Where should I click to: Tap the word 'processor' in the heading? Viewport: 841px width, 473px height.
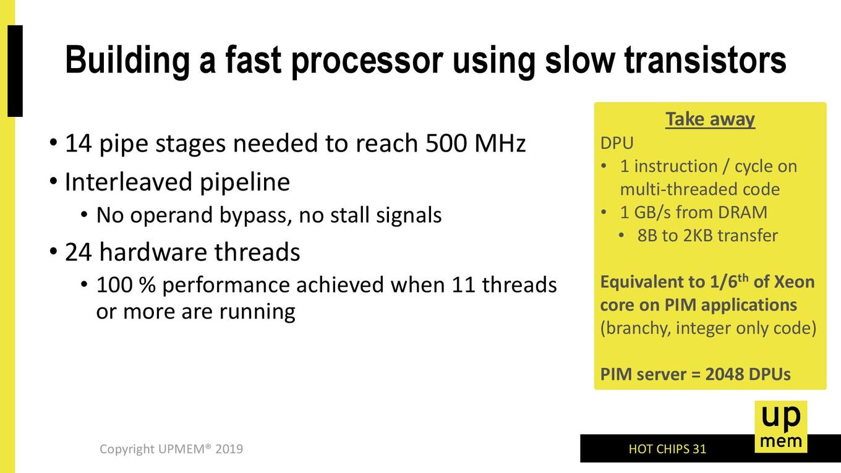click(x=367, y=62)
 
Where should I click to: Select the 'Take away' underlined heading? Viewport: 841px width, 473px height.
click(x=710, y=120)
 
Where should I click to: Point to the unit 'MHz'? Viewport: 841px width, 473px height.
click(x=500, y=143)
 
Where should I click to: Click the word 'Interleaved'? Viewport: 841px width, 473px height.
click(x=129, y=182)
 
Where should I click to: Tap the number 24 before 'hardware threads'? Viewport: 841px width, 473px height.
click(x=78, y=252)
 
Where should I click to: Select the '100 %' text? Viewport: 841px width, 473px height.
click(x=126, y=284)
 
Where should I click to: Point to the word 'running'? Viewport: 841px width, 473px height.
click(x=257, y=312)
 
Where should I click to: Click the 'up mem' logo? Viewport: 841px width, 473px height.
click(x=781, y=427)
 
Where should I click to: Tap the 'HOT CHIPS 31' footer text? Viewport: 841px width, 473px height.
click(x=667, y=449)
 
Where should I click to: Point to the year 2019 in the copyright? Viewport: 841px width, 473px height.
click(x=229, y=449)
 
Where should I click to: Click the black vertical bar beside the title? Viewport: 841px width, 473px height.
click(x=15, y=71)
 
